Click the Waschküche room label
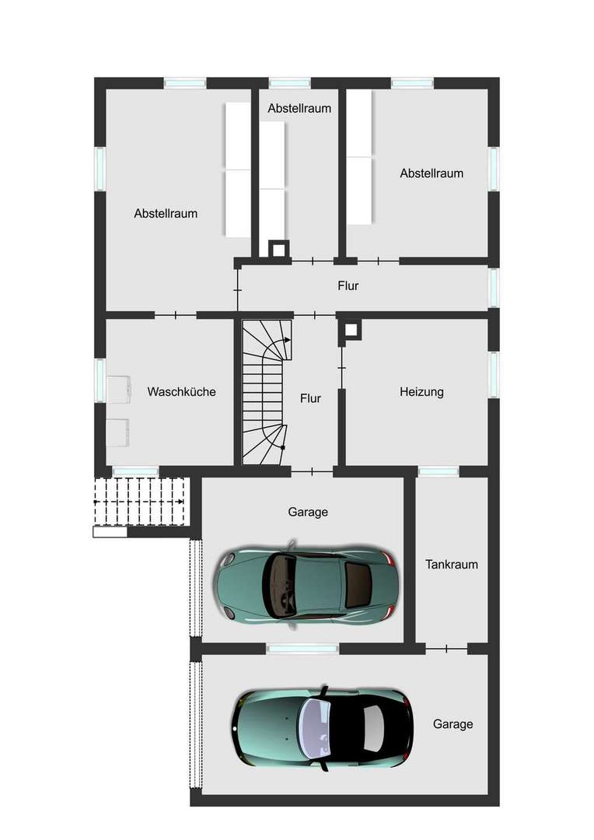point(182,391)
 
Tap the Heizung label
point(421,392)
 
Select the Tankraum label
point(452,564)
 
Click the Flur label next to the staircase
point(311,398)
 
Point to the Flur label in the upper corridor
point(348,285)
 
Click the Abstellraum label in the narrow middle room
point(299,108)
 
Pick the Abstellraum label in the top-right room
point(432,173)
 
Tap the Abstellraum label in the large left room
point(166,213)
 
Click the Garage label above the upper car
point(308,512)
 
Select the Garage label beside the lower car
point(453,724)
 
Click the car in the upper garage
point(306,583)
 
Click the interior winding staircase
point(266,392)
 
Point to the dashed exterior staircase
point(140,502)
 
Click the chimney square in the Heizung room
point(351,330)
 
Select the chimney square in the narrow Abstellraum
point(278,249)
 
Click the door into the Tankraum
point(447,649)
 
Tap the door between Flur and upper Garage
point(313,471)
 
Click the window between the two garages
point(302,649)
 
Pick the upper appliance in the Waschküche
point(118,390)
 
